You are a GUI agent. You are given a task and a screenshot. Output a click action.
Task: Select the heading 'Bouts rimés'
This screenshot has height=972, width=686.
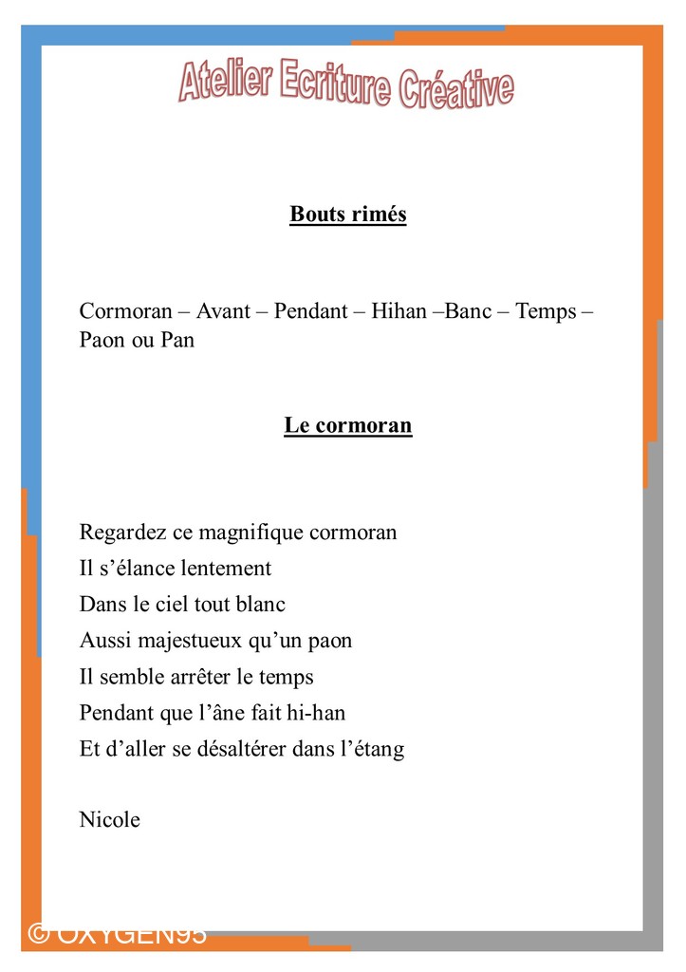(348, 215)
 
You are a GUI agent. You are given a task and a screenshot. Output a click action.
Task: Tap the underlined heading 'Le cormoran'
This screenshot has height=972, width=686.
(348, 425)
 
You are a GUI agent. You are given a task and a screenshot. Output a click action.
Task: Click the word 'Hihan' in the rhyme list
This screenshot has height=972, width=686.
(399, 311)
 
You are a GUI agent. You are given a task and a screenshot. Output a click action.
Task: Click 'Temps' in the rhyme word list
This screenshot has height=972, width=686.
(546, 311)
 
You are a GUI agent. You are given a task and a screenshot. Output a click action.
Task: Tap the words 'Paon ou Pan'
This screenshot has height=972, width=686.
(137, 340)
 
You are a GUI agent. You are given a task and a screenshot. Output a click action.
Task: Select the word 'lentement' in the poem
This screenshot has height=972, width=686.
(226, 569)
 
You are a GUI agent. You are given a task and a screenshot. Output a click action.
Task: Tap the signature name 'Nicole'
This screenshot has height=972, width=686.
(110, 820)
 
